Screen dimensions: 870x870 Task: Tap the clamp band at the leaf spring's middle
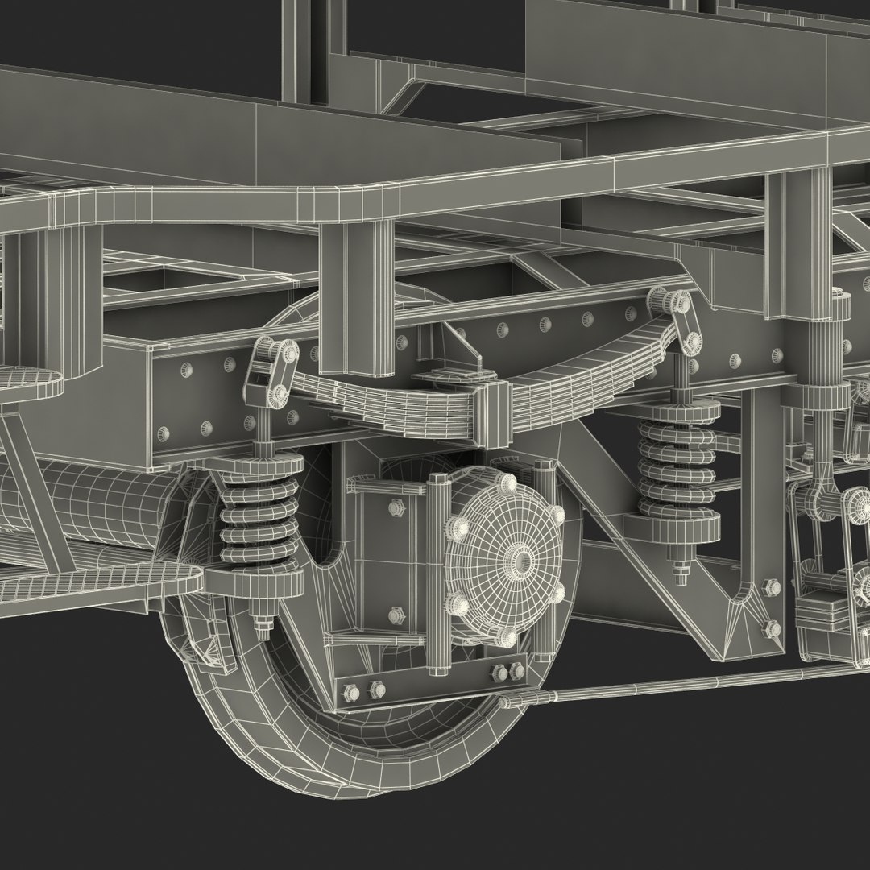(x=493, y=412)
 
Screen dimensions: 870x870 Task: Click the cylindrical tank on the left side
(x=81, y=503)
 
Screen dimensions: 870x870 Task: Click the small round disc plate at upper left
(x=32, y=383)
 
